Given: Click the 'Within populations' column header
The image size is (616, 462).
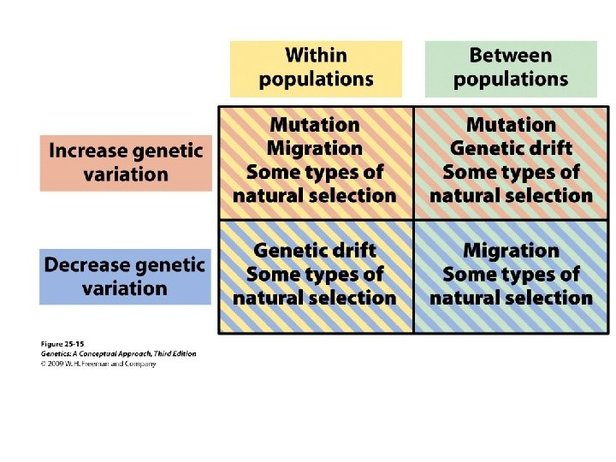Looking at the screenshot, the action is tap(316, 68).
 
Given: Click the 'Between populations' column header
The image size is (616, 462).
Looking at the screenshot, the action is tap(511, 68).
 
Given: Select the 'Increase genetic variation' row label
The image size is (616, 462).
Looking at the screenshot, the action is tap(125, 163).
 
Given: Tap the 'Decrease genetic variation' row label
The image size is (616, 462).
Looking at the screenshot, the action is tap(125, 276).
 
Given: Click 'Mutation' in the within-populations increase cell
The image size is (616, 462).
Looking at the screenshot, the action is tap(315, 125).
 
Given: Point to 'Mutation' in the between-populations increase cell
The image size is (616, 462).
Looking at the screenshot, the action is tap(511, 125).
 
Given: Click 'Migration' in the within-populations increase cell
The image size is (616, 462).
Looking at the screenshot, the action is tap(315, 148).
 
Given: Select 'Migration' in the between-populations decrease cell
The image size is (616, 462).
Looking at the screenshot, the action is tap(511, 251).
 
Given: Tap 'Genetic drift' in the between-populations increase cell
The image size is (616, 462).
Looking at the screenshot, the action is tap(511, 148).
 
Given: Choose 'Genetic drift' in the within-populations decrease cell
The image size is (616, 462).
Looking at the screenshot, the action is tap(315, 251).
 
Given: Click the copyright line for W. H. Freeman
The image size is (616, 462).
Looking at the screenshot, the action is tap(98, 364).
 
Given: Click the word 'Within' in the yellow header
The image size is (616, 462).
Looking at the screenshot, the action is tap(316, 56).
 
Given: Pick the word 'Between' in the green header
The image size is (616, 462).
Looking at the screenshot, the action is tap(511, 56).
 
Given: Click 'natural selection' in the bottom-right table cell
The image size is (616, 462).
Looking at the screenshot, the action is tap(511, 298).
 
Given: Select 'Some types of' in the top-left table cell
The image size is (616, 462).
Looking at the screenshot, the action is tap(315, 172).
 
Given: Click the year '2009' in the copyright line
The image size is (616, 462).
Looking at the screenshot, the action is tap(61, 364).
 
